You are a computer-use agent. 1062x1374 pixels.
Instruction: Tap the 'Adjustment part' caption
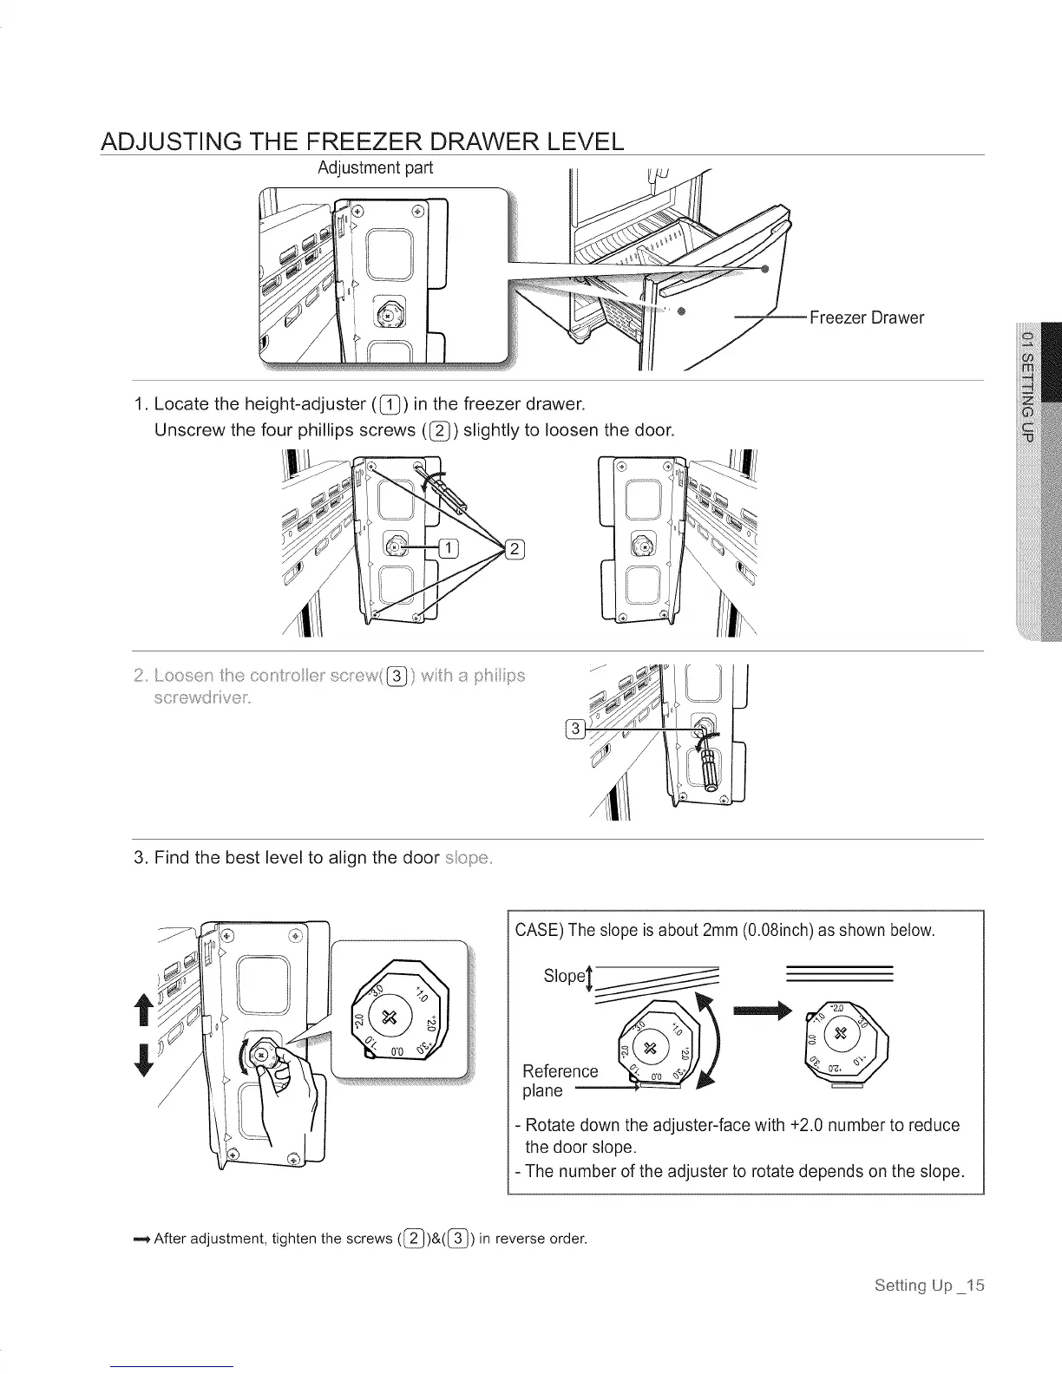pyautogui.click(x=375, y=167)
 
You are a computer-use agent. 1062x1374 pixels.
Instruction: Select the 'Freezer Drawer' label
pyautogui.click(x=866, y=317)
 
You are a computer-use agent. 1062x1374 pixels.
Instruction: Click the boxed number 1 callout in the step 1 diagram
pyautogui.click(x=449, y=547)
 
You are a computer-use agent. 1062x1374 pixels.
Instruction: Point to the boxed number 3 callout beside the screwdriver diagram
pyautogui.click(x=574, y=730)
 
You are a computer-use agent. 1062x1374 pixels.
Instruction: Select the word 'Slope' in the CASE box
pyautogui.click(x=562, y=976)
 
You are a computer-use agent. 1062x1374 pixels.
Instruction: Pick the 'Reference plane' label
pyautogui.click(x=560, y=1081)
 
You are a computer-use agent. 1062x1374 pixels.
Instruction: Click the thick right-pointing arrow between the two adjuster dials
pyautogui.click(x=764, y=1010)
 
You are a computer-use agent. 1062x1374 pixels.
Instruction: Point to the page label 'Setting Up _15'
pyautogui.click(x=929, y=1285)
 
